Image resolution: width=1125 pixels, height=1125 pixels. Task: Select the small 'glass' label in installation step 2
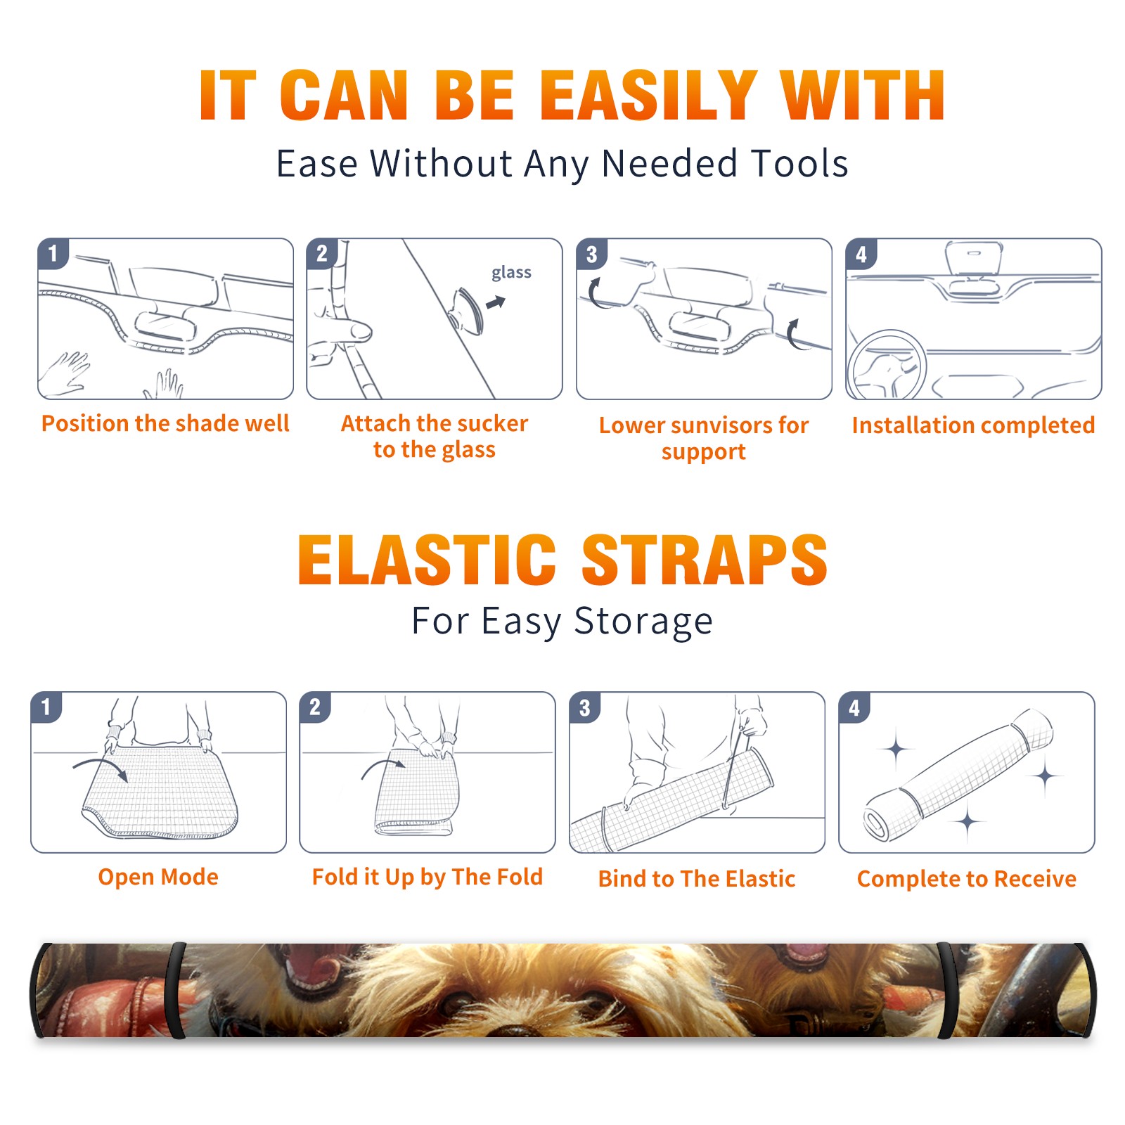tap(511, 273)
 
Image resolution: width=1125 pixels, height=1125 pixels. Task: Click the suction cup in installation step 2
tap(468, 310)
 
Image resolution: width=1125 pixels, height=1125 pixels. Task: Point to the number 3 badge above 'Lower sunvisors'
tap(591, 254)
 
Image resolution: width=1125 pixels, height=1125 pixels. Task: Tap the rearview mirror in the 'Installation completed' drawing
tap(974, 259)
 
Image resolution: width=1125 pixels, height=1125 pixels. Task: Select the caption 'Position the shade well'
tap(165, 424)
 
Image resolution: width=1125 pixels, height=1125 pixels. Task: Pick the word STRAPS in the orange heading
tap(705, 560)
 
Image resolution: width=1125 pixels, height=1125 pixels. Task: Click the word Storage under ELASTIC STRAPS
tap(643, 622)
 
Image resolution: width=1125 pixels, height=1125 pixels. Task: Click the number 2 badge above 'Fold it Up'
tap(314, 707)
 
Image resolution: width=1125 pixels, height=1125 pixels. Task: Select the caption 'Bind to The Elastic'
tap(697, 879)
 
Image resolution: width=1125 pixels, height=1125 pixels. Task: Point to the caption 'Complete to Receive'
tap(967, 879)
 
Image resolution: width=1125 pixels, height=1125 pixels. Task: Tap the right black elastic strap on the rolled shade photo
tap(947, 990)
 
